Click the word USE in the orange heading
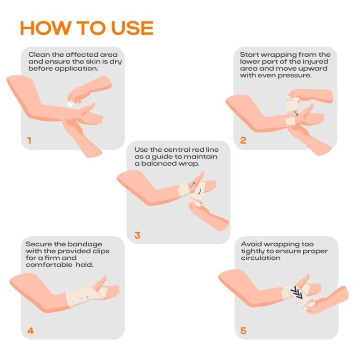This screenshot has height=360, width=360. [132, 28]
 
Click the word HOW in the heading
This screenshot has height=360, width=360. [45, 28]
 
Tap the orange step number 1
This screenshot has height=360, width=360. [29, 140]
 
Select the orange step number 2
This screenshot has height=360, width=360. [243, 140]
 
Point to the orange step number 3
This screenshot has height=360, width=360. [137, 235]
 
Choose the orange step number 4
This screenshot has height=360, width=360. [31, 331]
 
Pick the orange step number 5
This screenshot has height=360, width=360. [243, 331]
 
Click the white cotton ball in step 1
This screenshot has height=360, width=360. [70, 104]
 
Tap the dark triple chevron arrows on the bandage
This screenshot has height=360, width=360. [297, 293]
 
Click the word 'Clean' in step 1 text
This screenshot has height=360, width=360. [39, 54]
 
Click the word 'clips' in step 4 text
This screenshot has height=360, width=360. [101, 251]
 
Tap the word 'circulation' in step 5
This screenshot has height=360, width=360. [261, 258]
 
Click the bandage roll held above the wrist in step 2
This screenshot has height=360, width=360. [292, 106]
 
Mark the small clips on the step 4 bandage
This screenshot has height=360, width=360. [85, 297]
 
